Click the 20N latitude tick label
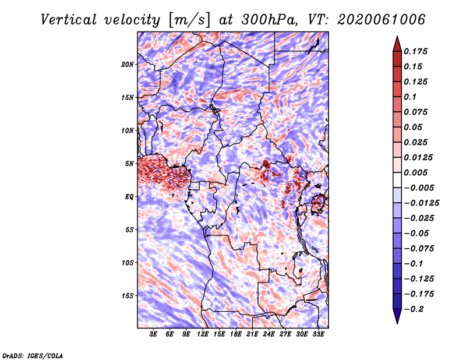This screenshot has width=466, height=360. coord(128,64)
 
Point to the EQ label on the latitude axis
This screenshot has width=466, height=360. coord(129,197)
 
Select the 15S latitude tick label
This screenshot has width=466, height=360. coord(128,296)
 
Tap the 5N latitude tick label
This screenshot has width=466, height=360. coord(129,164)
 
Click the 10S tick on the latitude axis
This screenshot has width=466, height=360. coord(128,263)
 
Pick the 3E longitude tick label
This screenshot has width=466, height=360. coord(154,335)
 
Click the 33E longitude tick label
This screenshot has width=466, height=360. coord(319,335)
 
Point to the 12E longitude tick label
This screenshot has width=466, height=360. coord(203,335)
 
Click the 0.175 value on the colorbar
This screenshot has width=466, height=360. coord(417,51)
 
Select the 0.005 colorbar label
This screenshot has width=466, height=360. coord(417,172)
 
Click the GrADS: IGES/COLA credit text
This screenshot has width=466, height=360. coord(32,355)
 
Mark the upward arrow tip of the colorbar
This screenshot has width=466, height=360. coord(396,38)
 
